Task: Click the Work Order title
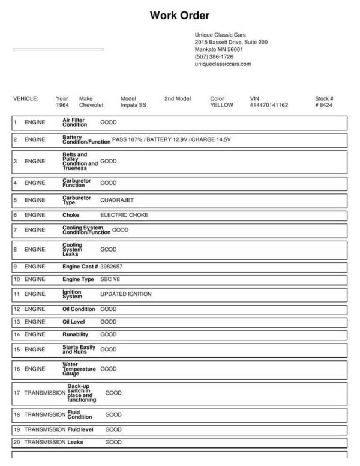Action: click(179, 15)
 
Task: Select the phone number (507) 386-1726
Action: click(214, 56)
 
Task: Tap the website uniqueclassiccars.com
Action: click(223, 64)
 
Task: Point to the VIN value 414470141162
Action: click(269, 105)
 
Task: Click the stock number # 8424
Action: click(324, 105)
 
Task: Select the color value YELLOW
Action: click(221, 105)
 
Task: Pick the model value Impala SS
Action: click(134, 105)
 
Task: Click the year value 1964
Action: click(62, 105)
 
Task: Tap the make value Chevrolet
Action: click(91, 105)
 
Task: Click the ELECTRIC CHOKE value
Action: click(124, 215)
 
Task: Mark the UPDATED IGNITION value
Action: click(126, 294)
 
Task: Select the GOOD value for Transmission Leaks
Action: click(113, 443)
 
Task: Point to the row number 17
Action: click(17, 393)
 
